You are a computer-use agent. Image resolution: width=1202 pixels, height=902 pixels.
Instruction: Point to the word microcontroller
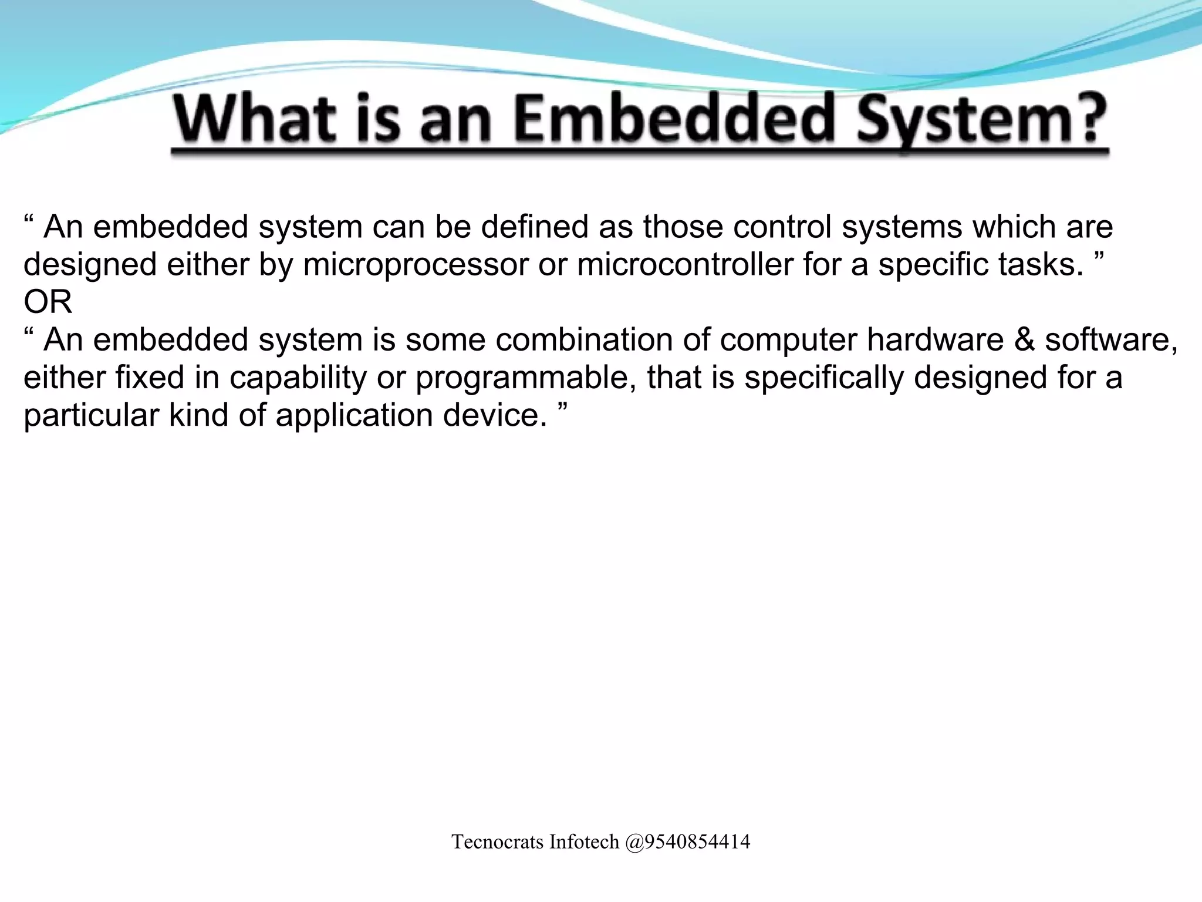pos(685,265)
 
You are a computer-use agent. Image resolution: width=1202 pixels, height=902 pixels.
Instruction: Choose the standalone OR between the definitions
pos(48,302)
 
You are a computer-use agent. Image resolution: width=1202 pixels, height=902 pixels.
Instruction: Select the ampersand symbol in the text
pos(1024,340)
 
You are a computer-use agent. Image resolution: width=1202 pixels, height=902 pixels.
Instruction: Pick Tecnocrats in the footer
pos(498,842)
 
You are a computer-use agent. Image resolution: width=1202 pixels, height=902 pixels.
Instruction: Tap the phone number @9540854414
pos(687,842)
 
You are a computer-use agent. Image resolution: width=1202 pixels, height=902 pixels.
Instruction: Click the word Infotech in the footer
pos(584,842)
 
